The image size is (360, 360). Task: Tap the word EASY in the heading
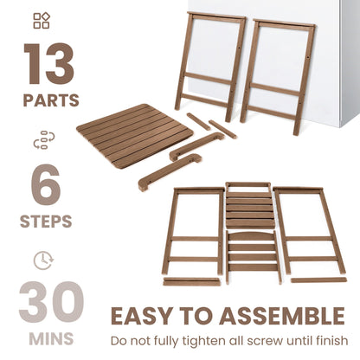point(142,316)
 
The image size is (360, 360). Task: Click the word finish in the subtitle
point(330,340)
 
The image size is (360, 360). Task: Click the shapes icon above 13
point(42,21)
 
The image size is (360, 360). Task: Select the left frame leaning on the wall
point(211,65)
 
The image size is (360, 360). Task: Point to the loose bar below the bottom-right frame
point(317,280)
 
